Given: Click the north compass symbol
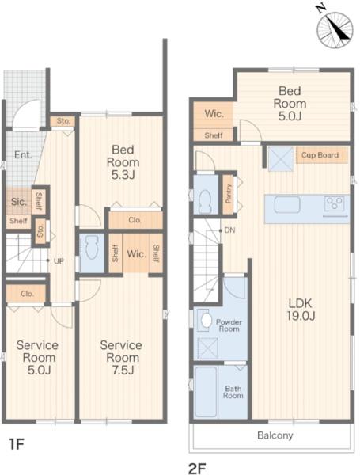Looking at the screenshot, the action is [334, 29].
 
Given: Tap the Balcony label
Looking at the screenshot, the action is [275, 435].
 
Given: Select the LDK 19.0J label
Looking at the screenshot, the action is [301, 310].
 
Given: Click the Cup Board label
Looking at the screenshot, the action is [320, 155].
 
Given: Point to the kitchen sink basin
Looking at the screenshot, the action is [287, 205].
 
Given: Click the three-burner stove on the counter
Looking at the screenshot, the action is [334, 203].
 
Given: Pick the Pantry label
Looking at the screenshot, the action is [229, 194].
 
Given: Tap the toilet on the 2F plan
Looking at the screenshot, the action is [206, 200].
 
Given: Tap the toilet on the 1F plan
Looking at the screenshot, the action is [92, 248].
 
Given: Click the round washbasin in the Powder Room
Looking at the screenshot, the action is [207, 320].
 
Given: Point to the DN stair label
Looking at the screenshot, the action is [229, 230].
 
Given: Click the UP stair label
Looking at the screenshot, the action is [59, 260].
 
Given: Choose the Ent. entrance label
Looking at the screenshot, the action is [23, 155].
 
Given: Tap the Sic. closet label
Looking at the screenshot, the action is [18, 202].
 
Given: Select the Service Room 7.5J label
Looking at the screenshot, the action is [121, 358].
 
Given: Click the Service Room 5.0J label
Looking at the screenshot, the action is [37, 358].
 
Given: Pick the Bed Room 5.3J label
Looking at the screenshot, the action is [123, 162].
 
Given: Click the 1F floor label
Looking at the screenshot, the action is [16, 444].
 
